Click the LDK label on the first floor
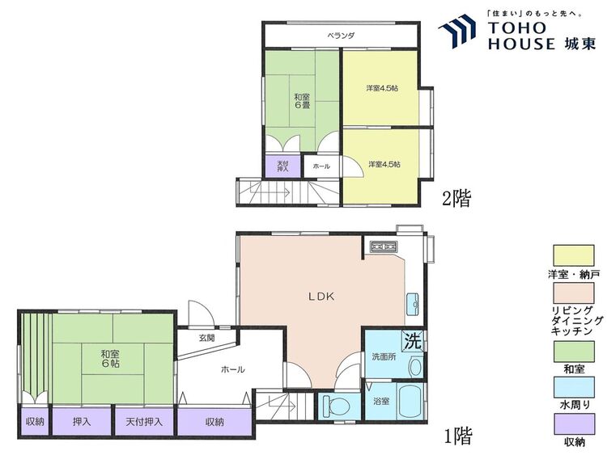[x=321, y=297]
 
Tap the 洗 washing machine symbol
[x=413, y=341]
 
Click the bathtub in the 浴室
[x=410, y=401]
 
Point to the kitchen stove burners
[x=384, y=246]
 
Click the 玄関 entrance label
[x=206, y=338]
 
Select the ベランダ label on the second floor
[x=341, y=36]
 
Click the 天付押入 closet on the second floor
[x=282, y=166]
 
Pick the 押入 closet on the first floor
[x=82, y=421]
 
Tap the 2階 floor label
[x=456, y=199]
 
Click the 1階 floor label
[x=458, y=436]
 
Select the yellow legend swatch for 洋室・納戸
[x=573, y=256]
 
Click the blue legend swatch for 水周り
[x=573, y=388]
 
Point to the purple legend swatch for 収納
[x=573, y=424]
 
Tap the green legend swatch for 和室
[x=573, y=352]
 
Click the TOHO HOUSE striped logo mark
[x=456, y=31]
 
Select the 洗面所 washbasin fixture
[x=415, y=366]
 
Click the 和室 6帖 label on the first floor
[x=110, y=358]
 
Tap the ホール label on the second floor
[x=321, y=166]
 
